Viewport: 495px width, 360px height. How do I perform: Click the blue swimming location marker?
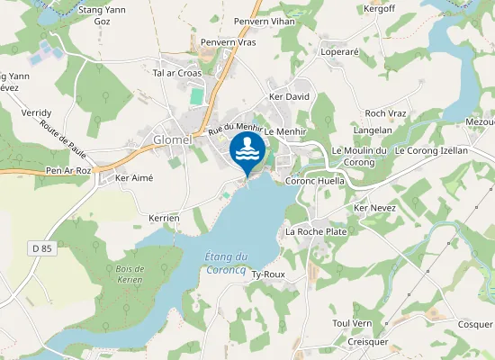point(247,152)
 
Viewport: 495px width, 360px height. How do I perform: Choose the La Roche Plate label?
point(316,231)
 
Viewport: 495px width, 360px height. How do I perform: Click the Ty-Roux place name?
point(268,274)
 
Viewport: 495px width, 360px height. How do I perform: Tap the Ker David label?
point(289,95)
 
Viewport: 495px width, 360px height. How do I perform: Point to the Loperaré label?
point(340,52)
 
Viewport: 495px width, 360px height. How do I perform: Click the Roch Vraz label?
point(386,112)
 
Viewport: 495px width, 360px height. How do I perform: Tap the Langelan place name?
point(373,130)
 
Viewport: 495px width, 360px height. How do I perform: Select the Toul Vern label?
point(352,323)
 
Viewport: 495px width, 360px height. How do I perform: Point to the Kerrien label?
point(165,219)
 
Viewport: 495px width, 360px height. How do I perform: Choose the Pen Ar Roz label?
point(68,169)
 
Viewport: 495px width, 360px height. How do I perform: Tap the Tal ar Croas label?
point(177,73)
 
